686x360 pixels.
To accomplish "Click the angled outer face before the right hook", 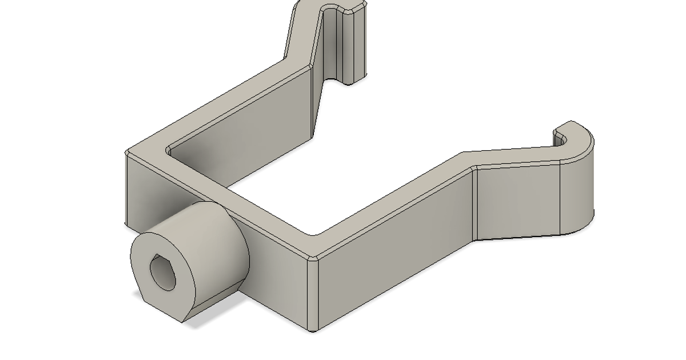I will point(517,200).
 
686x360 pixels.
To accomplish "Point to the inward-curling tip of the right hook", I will point(559,137).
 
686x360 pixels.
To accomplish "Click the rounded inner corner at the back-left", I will point(169,151).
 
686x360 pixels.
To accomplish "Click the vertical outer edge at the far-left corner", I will point(126,189).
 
